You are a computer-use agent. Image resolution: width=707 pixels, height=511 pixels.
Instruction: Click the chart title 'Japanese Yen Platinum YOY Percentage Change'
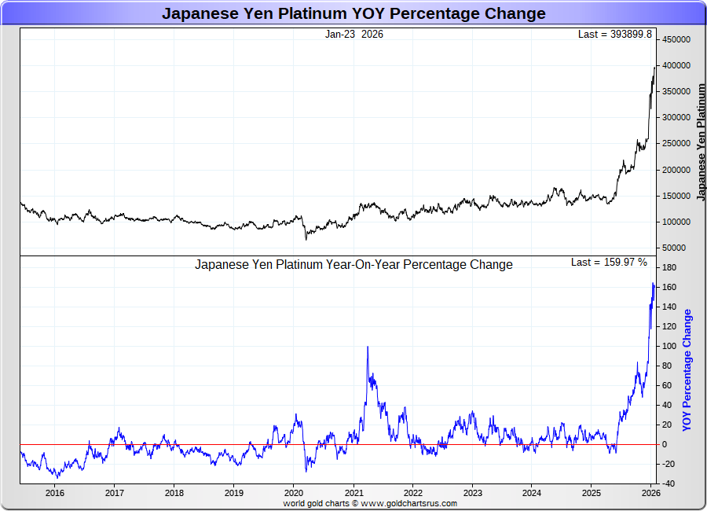click(353, 13)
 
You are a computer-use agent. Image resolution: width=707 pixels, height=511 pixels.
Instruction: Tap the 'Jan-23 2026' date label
click(354, 35)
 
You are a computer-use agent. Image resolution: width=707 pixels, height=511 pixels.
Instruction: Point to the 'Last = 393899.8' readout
click(615, 35)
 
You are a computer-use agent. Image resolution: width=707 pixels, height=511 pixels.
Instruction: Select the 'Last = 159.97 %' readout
click(609, 262)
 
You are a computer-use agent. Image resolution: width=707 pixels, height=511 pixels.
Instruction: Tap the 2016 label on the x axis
click(55, 493)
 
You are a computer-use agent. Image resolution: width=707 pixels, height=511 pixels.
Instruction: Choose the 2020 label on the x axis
click(293, 493)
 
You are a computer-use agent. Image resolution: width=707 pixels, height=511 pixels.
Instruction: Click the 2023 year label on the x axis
click(472, 493)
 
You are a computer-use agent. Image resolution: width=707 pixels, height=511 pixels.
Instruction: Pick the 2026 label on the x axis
click(650, 493)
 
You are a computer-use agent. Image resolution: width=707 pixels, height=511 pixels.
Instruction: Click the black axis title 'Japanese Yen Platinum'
click(702, 142)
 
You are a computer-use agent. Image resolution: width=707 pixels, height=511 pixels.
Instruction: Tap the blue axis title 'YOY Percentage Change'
click(687, 369)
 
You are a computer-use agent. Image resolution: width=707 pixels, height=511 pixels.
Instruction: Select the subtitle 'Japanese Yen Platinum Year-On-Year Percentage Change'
click(353, 265)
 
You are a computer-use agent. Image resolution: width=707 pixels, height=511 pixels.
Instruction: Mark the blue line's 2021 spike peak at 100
click(367, 347)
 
